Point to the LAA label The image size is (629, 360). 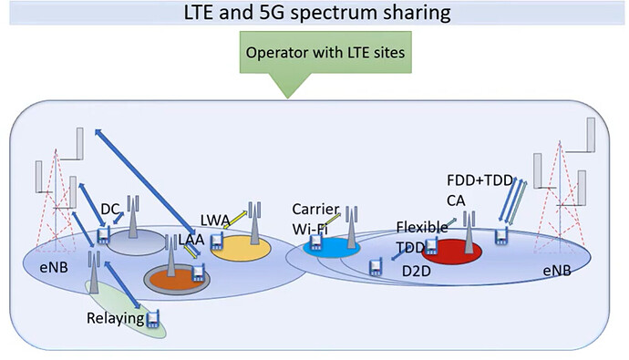[x=179, y=240]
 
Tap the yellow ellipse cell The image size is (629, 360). [x=244, y=247]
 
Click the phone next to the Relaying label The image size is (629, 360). [x=153, y=318]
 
